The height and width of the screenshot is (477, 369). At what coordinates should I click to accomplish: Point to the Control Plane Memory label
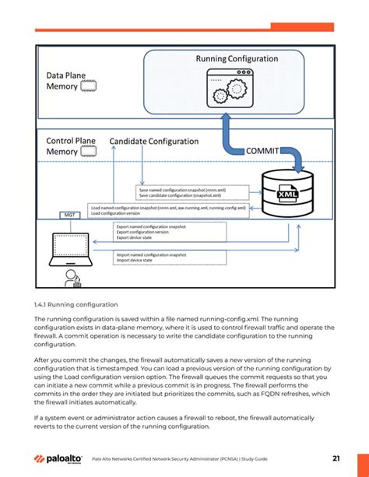pos(71,146)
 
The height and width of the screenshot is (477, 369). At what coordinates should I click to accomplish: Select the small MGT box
pos(70,215)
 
